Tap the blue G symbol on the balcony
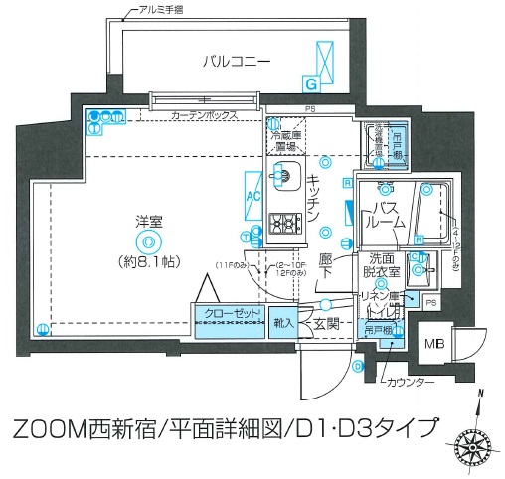point(310,84)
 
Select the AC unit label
point(252,195)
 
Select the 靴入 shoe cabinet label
point(281,322)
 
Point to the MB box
point(435,344)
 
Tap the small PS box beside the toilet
point(430,301)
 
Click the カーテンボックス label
point(204,116)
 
